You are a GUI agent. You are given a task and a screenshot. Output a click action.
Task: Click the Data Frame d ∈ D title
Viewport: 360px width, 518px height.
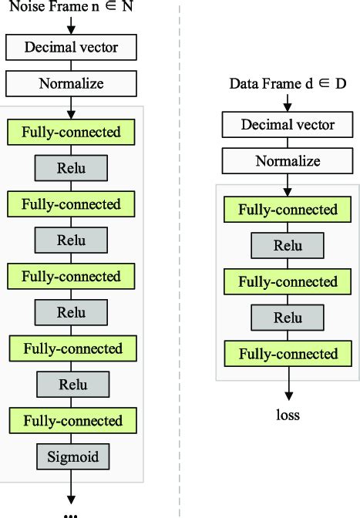(x=287, y=83)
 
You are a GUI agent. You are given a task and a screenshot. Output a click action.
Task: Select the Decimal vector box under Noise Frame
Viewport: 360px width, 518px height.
(x=71, y=48)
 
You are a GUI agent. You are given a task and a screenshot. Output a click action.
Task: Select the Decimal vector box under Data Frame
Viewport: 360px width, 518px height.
(x=287, y=125)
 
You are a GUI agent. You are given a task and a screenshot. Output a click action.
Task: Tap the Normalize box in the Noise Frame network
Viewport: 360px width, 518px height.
(x=71, y=82)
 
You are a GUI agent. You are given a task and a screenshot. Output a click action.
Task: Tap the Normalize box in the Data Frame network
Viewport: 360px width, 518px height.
(x=287, y=160)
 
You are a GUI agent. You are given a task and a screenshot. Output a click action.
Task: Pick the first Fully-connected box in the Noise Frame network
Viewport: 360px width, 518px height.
(x=71, y=132)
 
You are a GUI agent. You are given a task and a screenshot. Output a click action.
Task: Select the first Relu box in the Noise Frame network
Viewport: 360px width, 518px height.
(x=71, y=168)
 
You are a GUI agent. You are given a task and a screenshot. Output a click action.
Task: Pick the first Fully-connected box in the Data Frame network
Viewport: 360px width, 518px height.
(x=287, y=210)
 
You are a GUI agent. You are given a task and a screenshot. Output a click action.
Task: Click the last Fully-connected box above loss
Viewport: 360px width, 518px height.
(x=287, y=354)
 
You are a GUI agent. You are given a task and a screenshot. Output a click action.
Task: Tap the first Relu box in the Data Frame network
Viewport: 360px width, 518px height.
(x=287, y=246)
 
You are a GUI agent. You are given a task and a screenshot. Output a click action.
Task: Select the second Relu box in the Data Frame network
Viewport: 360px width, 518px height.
(x=287, y=318)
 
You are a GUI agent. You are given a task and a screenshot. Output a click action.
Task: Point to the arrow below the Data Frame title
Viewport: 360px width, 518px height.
(x=287, y=102)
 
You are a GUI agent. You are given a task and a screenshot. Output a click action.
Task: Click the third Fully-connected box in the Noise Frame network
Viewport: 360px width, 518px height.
(x=71, y=276)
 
